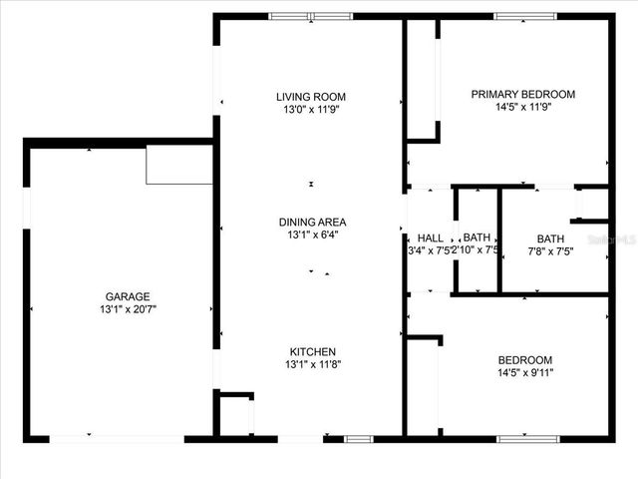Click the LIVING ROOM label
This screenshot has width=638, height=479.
312,97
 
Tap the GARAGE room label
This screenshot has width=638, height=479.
129,296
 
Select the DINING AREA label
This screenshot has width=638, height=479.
312,222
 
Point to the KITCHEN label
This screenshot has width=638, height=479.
312,351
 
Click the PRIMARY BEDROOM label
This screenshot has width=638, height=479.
523,95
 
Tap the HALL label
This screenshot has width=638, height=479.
431,238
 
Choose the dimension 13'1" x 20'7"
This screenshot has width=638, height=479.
129,309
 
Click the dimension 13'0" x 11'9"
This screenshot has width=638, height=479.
312,110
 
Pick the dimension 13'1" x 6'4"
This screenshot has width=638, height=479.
312,236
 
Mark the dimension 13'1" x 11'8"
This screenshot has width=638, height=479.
312,364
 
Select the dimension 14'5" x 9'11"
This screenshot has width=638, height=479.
524,373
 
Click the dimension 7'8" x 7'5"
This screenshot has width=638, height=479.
550,251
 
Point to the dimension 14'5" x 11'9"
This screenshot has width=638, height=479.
523,109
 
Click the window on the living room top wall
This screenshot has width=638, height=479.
310,16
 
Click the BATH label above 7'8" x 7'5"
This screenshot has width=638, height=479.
550,239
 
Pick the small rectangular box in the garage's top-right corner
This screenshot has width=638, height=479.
179,165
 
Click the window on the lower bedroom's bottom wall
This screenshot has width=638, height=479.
525,437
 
